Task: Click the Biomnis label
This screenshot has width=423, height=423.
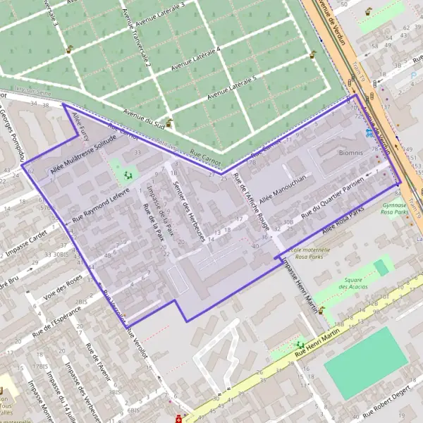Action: pos(350,152)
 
